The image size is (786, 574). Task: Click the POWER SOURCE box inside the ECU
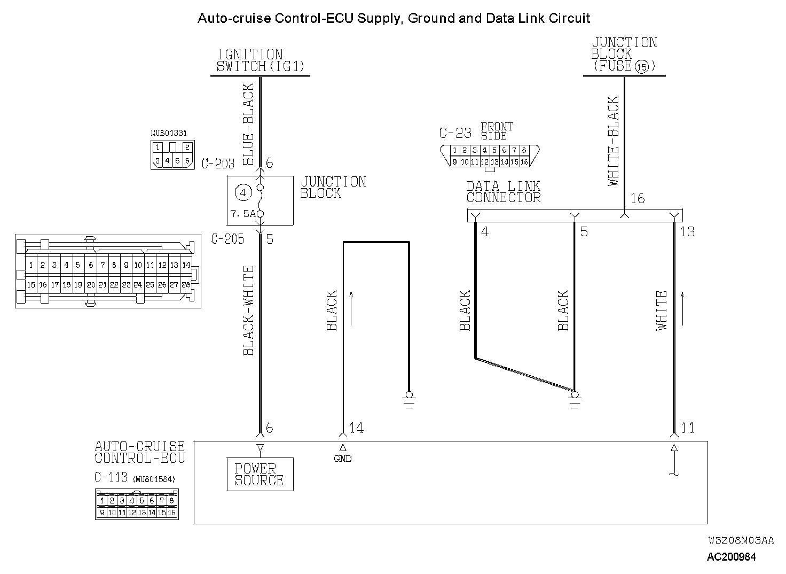coord(260,474)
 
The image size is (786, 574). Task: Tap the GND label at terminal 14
coord(343,459)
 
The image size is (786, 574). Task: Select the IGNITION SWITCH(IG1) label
coord(260,61)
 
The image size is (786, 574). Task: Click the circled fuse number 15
coord(641,67)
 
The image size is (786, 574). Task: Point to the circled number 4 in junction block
coord(243,192)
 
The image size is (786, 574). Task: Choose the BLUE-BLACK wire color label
coord(249,124)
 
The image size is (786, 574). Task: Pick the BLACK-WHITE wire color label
coord(249,311)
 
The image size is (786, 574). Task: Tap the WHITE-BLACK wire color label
coord(614,141)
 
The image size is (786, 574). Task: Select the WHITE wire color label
coord(662,311)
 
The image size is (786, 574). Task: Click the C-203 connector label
coord(218,164)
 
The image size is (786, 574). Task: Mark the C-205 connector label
coord(227,239)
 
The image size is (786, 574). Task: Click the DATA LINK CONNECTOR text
coord(503,192)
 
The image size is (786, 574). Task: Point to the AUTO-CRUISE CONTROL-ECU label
coord(140,452)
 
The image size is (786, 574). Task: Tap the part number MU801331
coord(169,133)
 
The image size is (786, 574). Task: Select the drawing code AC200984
coord(731,557)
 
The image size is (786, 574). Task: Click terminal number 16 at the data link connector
coord(638,199)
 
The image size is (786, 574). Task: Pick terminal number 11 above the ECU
coord(688,428)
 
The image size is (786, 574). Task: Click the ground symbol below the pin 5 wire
coord(575,400)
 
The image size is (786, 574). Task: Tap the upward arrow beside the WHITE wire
coord(682,309)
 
